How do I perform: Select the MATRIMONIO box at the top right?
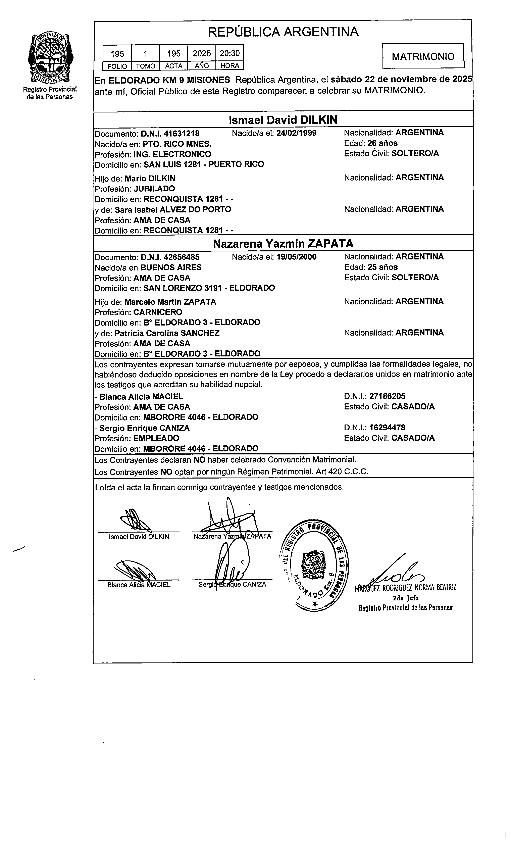pyautogui.click(x=423, y=56)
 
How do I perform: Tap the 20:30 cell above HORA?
pyautogui.click(x=229, y=53)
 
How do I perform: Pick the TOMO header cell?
pyautogui.click(x=146, y=66)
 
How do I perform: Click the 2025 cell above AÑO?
pyautogui.click(x=202, y=53)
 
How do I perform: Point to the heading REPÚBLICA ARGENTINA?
pyautogui.click(x=283, y=32)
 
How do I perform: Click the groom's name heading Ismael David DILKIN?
pyautogui.click(x=283, y=120)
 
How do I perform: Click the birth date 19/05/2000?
pyautogui.click(x=296, y=257)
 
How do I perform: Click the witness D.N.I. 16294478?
pyautogui.click(x=387, y=428)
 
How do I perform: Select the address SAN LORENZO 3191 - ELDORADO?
pyautogui.click(x=209, y=288)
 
